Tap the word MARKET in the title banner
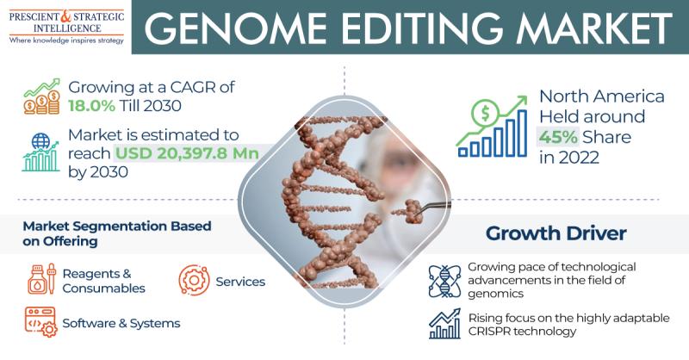593,28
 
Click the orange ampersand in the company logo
65,16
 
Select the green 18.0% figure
91,106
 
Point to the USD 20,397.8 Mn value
187,153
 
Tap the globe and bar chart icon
40,152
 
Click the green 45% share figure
558,137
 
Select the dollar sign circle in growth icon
485,113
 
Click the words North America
601,96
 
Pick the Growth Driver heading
556,233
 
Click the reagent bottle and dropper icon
42,280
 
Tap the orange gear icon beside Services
194,280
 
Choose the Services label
240,282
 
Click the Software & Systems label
121,324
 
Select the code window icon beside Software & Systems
40,322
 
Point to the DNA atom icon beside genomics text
444,282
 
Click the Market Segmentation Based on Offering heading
117,233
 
